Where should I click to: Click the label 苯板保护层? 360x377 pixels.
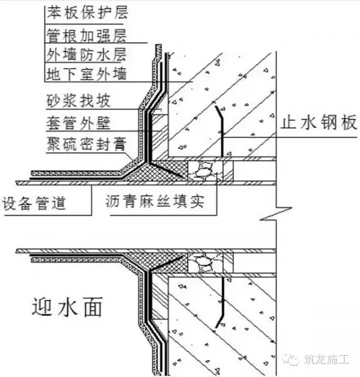(x=87, y=13)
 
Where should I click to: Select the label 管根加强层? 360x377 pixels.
(x=86, y=35)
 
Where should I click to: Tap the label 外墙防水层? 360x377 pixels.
(x=86, y=55)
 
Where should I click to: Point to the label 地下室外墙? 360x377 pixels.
(x=86, y=74)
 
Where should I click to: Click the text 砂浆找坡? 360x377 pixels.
(x=78, y=100)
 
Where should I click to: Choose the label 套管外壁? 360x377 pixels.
(x=78, y=123)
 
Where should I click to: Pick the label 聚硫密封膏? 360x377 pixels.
(x=86, y=144)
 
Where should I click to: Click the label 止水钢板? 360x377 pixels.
(x=318, y=123)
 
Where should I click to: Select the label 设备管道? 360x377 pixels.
(x=34, y=204)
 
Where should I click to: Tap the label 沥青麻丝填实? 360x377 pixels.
(x=155, y=201)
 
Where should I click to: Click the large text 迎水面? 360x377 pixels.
(x=67, y=306)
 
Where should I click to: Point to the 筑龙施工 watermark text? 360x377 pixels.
(x=327, y=360)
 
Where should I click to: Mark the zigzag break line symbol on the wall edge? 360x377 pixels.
(x=276, y=214)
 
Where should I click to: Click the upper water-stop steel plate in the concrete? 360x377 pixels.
(x=221, y=131)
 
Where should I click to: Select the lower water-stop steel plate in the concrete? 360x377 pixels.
(x=221, y=302)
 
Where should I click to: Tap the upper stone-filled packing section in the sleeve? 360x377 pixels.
(x=205, y=171)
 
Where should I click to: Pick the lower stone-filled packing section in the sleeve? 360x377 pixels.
(x=205, y=263)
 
